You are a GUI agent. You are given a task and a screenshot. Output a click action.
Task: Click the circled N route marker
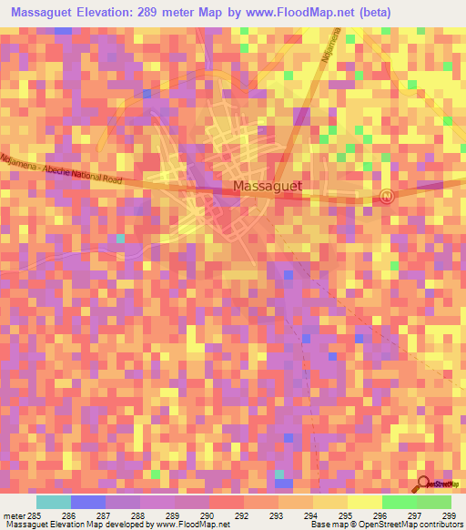tap(389, 196)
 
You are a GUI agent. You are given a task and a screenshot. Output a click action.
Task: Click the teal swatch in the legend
tap(54, 502)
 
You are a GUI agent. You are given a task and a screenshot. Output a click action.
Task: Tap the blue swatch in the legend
tap(88, 502)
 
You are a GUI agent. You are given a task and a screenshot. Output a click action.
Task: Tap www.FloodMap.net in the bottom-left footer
tap(190, 525)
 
